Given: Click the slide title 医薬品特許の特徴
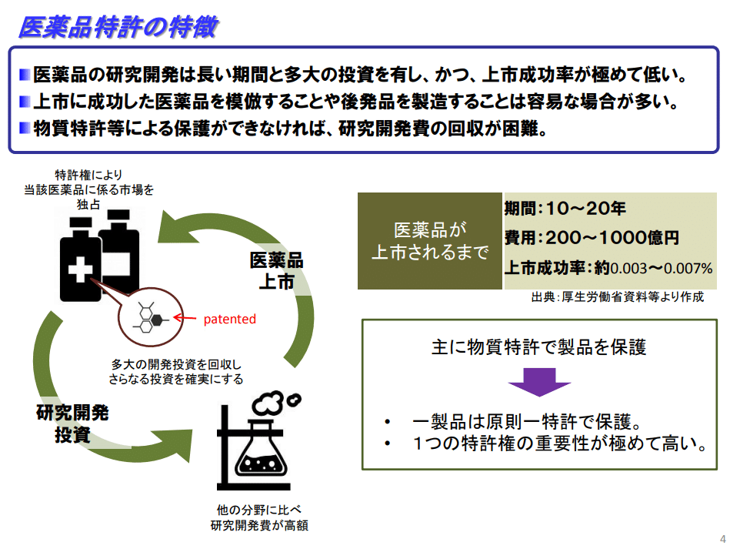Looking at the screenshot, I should pos(118,28).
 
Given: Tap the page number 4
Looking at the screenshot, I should pos(722,537).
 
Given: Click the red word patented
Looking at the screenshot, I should pos(229,319).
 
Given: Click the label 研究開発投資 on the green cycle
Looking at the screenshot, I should pos(72,423).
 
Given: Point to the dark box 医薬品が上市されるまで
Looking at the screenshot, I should pos(430,240).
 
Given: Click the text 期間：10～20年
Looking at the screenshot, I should pos(565,208).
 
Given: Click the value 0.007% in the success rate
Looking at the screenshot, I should pos(688,269).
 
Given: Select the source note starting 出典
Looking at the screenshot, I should pos(617,297).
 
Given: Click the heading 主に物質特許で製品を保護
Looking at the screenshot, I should pos(538,346).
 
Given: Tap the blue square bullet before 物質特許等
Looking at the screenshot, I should pos(25,127).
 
